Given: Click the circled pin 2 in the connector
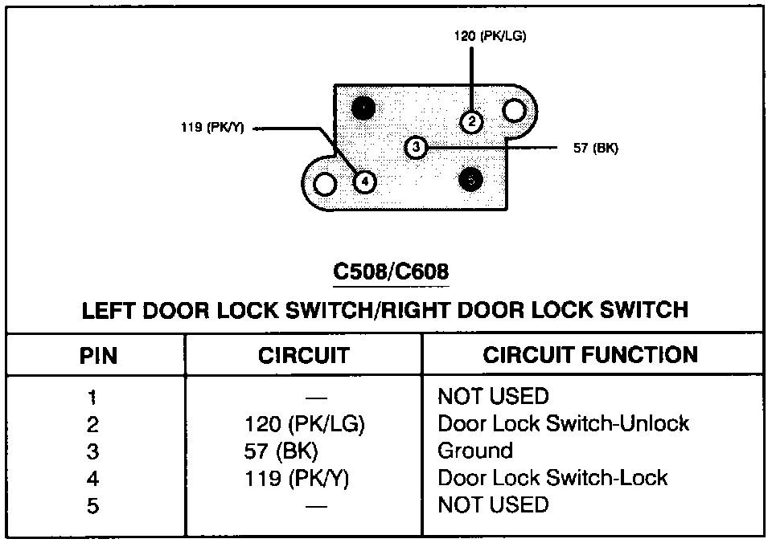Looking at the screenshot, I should [x=471, y=121].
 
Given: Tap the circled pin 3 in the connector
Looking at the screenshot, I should [x=416, y=148].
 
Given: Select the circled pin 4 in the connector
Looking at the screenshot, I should [x=364, y=182].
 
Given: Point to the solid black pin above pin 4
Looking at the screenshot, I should [x=364, y=108].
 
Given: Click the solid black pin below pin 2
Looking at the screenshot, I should [x=470, y=180].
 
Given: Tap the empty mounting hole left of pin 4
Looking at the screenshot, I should [x=324, y=184].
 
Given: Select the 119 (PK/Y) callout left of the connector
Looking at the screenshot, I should [x=212, y=128].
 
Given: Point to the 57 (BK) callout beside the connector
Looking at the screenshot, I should [x=595, y=148].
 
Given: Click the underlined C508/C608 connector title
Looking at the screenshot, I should [x=391, y=273].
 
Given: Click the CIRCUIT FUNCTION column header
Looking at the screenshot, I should [x=590, y=355].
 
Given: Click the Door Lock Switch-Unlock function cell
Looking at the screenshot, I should [x=563, y=423].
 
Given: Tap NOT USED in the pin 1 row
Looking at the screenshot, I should [x=493, y=396].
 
